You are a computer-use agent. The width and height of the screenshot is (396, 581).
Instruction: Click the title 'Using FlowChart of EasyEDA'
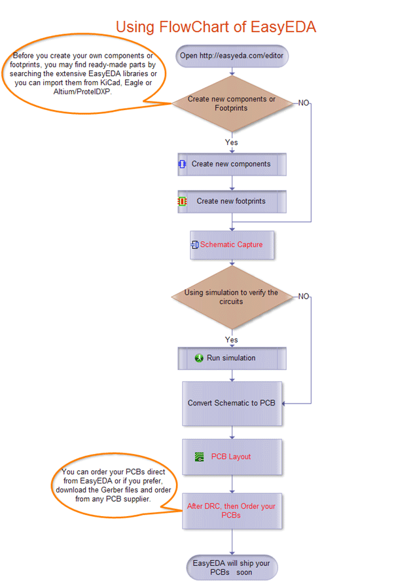216,27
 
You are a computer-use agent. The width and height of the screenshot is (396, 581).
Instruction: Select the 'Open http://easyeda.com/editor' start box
231,56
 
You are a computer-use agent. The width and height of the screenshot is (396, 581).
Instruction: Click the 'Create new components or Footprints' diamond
231,103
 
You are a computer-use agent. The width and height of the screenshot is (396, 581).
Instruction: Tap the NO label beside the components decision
304,103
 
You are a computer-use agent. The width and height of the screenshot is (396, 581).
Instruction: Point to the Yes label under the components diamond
231,142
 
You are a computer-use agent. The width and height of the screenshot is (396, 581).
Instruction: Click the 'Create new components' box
232,164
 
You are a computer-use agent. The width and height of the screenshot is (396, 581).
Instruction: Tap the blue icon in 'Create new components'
183,164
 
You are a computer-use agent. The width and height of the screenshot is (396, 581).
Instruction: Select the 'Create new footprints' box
232,202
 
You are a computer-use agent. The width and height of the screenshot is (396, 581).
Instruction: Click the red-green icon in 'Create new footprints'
183,202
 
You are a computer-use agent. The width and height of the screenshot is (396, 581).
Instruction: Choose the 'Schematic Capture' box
231,245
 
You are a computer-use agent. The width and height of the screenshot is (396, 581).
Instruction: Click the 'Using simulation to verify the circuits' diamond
231,297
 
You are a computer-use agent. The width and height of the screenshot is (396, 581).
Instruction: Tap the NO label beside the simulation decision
304,297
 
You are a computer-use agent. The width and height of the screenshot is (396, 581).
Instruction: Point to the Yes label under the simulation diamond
231,340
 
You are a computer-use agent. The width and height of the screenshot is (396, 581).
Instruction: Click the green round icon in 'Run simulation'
200,358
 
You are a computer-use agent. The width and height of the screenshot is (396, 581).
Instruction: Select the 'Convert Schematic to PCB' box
232,403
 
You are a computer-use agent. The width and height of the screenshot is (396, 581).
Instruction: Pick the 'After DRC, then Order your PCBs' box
232,511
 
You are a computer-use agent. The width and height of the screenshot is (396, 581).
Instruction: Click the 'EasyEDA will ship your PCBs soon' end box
232,567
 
